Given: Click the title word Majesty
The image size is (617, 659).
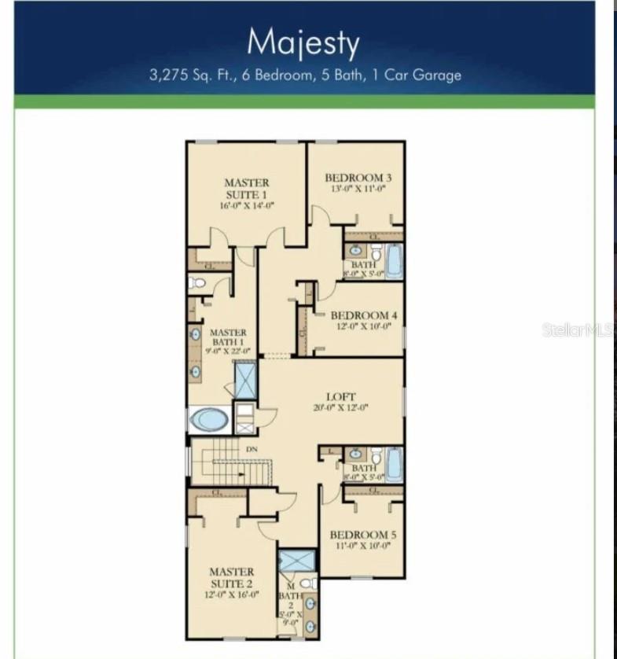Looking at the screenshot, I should [x=303, y=42].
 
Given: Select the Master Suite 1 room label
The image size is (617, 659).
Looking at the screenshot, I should [x=246, y=188].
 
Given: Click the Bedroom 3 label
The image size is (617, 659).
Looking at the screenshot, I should [x=358, y=178].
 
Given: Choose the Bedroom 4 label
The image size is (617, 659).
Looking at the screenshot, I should [x=364, y=315].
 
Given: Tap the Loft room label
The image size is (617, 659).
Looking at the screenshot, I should [x=341, y=397].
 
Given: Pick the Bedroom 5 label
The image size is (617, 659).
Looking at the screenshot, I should [x=363, y=535].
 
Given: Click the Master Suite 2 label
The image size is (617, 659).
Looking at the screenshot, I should [x=231, y=578].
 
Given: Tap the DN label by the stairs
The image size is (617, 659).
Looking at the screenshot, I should [x=252, y=449].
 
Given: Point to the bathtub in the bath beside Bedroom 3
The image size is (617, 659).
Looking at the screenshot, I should [x=393, y=260].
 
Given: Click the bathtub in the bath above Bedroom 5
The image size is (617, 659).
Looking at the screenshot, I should [x=393, y=463].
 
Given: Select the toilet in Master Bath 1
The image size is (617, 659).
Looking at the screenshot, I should [x=196, y=283].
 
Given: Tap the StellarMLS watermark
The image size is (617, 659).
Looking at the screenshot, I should [x=578, y=330].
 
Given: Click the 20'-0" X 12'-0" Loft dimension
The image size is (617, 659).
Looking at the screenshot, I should [x=341, y=408].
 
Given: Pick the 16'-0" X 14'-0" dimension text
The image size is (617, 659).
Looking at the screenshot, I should [x=246, y=205].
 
